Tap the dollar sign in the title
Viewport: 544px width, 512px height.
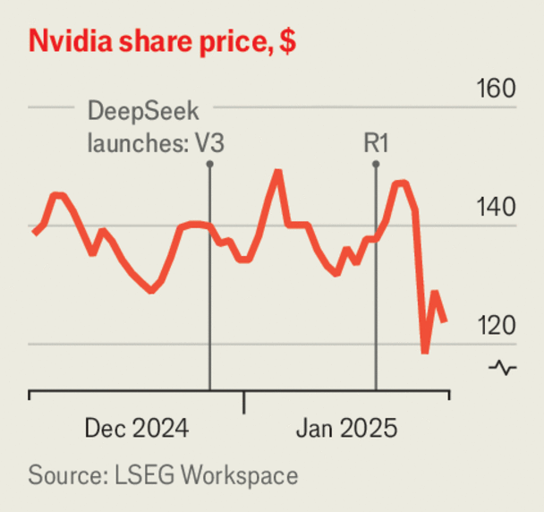[x=288, y=41]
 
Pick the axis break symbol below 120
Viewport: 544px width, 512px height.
[x=503, y=367]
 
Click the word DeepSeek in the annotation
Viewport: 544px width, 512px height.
[x=141, y=114]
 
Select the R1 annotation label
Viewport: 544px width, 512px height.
[x=375, y=142]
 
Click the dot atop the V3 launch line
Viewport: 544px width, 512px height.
[x=209, y=164]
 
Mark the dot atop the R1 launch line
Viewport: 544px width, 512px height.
[x=376, y=164]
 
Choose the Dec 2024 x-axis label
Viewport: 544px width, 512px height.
[x=137, y=429]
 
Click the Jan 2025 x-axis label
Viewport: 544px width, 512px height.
[x=345, y=429]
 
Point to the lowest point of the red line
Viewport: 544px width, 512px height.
[x=425, y=352]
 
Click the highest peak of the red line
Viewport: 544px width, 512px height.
[x=278, y=171]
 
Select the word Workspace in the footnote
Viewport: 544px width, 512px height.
[x=239, y=474]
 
